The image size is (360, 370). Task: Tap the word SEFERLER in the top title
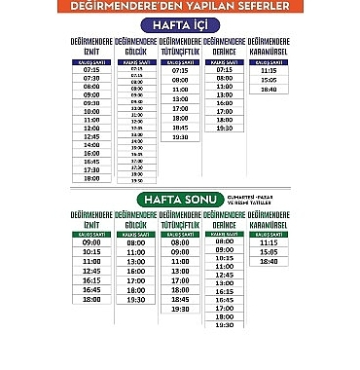click(x=257, y=7)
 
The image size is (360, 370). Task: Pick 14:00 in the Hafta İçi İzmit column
click(x=91, y=145)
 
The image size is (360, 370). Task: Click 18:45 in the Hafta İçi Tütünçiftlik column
click(x=180, y=127)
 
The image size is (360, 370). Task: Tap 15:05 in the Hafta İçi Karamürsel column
click(x=269, y=80)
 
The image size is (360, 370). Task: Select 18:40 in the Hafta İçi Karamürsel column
click(x=269, y=90)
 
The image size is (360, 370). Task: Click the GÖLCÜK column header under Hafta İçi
click(x=135, y=47)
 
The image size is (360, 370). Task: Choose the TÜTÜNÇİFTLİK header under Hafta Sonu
click(x=180, y=222)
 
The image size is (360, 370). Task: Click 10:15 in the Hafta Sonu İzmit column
click(x=91, y=251)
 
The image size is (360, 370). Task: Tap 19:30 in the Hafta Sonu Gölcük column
click(x=135, y=299)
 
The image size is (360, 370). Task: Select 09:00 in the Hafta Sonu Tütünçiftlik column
click(x=180, y=251)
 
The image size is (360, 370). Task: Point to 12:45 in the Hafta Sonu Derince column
click(x=224, y=276)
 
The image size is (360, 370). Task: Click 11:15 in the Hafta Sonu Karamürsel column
click(x=269, y=242)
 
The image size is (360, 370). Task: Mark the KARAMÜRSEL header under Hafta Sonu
click(x=269, y=222)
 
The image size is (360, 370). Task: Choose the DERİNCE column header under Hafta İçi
click(x=224, y=47)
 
